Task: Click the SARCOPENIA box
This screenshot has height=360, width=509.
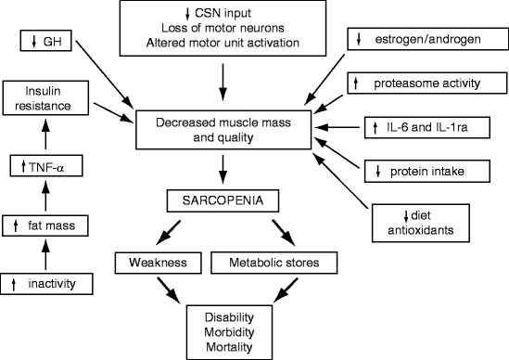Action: [x=223, y=199]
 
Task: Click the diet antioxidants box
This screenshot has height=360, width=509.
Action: [x=427, y=219]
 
